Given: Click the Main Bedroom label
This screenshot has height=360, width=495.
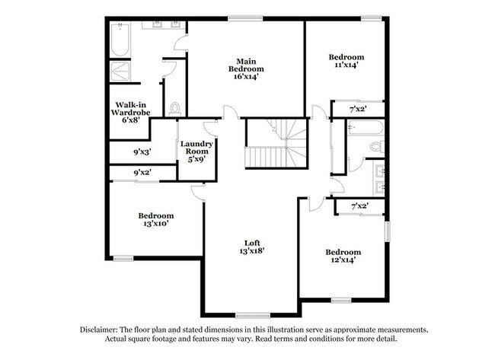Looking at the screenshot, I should click(x=245, y=68).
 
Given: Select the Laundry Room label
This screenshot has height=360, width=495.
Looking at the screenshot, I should click(x=196, y=147).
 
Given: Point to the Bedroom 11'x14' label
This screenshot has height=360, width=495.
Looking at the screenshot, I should click(x=346, y=61).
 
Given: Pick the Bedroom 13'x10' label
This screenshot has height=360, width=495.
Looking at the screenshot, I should click(x=156, y=219).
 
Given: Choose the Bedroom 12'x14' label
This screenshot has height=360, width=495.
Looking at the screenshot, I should click(x=343, y=256).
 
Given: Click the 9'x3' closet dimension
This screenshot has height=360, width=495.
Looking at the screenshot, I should click(x=142, y=152).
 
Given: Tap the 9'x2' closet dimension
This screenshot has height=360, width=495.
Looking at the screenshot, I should click(x=142, y=173).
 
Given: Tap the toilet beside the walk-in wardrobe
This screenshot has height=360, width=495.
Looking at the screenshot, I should click(x=175, y=109).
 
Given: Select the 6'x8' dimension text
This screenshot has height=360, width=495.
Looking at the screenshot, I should click(x=131, y=119).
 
